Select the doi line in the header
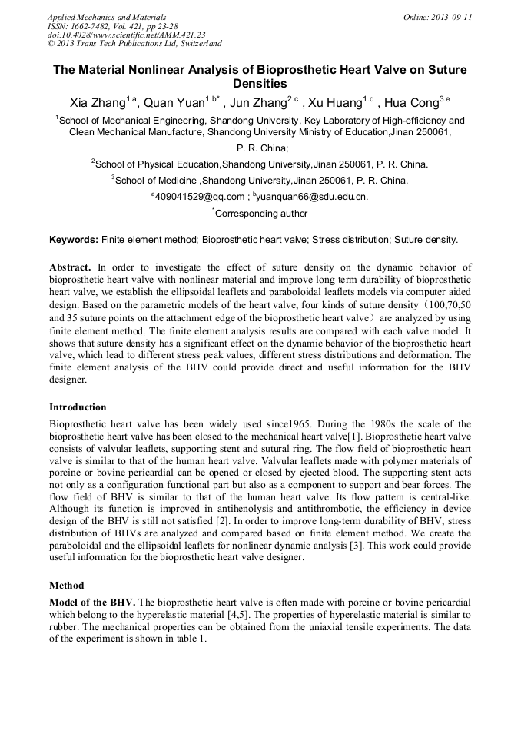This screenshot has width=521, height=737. [x=126, y=35]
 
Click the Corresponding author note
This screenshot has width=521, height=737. [x=261, y=214]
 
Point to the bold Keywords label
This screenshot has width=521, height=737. [x=74, y=240]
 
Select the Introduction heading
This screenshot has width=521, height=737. [x=78, y=407]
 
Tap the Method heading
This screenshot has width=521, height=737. [x=68, y=585]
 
